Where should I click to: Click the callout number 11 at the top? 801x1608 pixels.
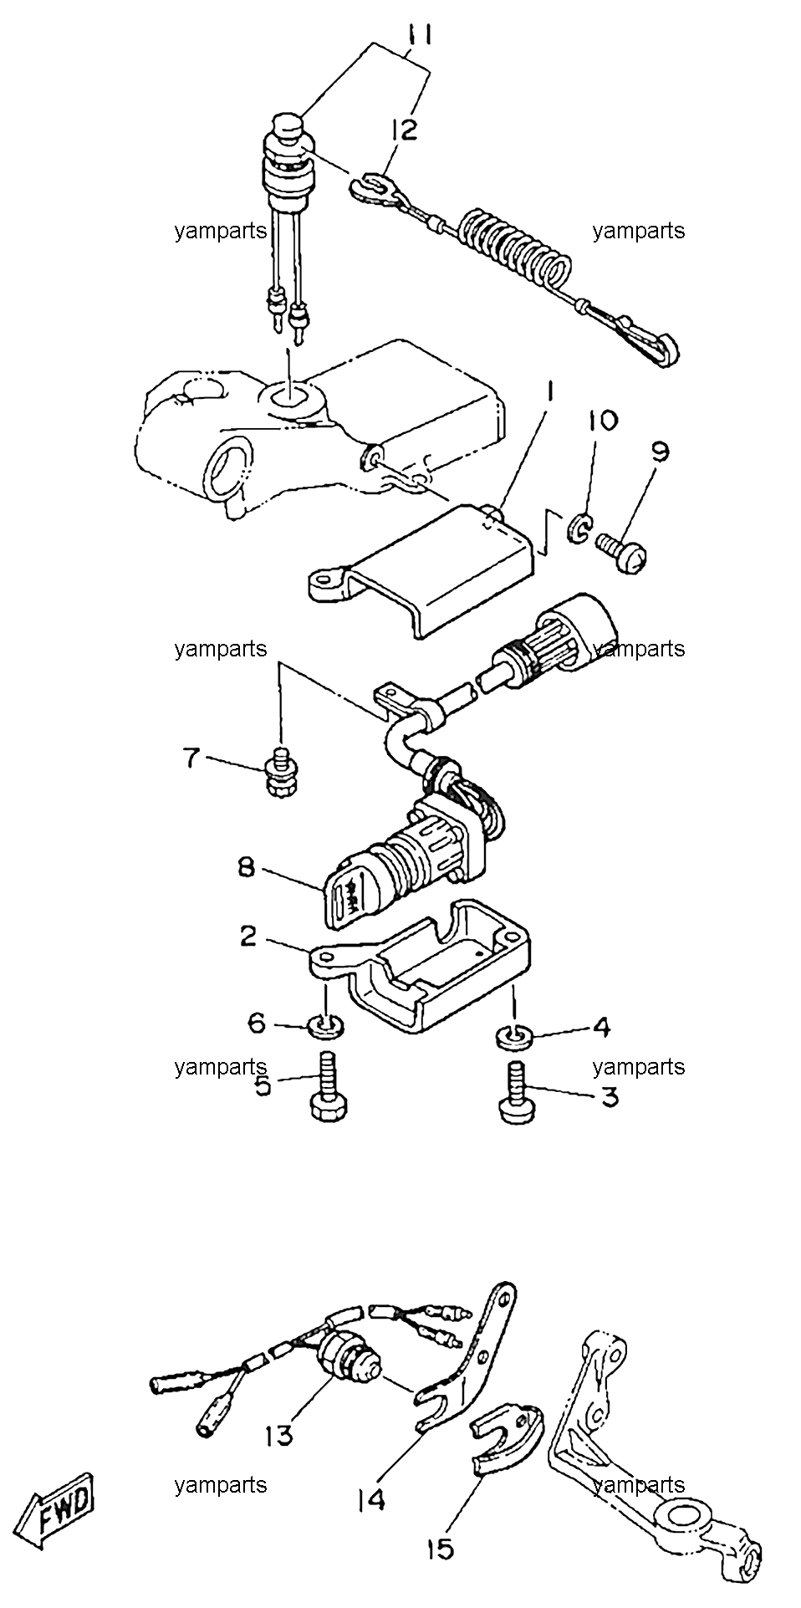(421, 36)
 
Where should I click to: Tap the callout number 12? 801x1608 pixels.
(402, 131)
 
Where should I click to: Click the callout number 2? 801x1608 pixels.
(248, 937)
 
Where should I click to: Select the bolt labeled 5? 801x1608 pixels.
(326, 1087)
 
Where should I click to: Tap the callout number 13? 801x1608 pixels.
(279, 1436)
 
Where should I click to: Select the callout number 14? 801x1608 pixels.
(370, 1500)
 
